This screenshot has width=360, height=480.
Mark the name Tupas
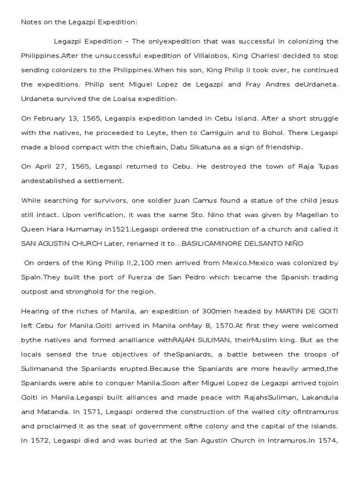(326, 166)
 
